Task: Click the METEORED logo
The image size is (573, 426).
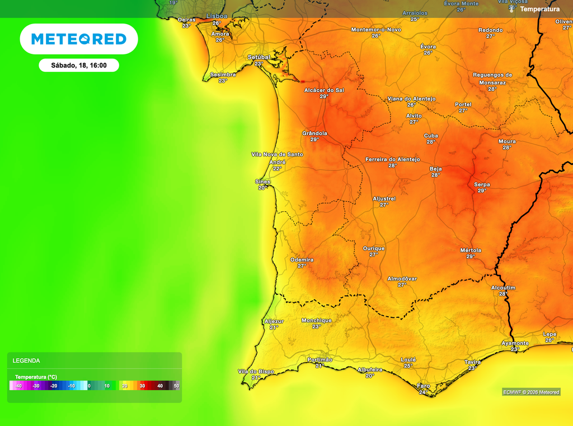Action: tap(79, 39)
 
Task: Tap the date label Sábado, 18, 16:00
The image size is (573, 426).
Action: tap(79, 66)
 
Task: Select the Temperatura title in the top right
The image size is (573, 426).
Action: tap(539, 9)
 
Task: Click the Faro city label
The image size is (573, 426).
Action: tap(424, 386)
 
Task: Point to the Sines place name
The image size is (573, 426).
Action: tap(263, 182)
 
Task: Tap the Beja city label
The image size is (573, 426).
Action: tap(435, 169)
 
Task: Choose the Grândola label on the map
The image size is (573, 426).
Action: tap(314, 133)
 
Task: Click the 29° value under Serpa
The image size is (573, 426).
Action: tap(482, 191)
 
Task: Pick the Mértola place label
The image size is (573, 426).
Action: tap(471, 250)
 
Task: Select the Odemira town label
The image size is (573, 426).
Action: tap(302, 260)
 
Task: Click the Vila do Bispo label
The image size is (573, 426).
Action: tap(256, 371)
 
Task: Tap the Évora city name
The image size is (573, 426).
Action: tap(428, 46)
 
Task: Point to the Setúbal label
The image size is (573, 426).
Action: tap(259, 57)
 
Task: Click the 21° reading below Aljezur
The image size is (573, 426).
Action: tap(274, 327)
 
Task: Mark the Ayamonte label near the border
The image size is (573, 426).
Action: tap(515, 343)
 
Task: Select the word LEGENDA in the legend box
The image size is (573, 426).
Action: tap(26, 361)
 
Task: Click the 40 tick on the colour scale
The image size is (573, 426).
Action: tap(160, 386)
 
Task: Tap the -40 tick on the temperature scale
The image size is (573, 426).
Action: tap(18, 386)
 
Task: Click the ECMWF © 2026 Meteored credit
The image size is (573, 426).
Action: tap(530, 392)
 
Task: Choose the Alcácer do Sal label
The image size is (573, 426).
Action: tap(324, 90)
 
